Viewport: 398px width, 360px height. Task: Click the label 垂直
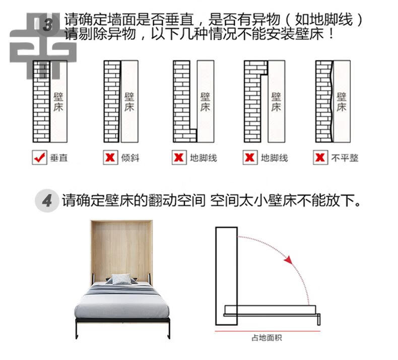58,158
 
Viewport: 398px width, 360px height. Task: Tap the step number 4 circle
47,202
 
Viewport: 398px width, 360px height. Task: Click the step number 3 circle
49,25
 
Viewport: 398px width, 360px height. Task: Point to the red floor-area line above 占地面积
267,331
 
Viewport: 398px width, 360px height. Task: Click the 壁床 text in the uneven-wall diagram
341,101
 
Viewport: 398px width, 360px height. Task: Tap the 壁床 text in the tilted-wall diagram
129,101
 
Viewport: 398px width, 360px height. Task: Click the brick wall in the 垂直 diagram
41,101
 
